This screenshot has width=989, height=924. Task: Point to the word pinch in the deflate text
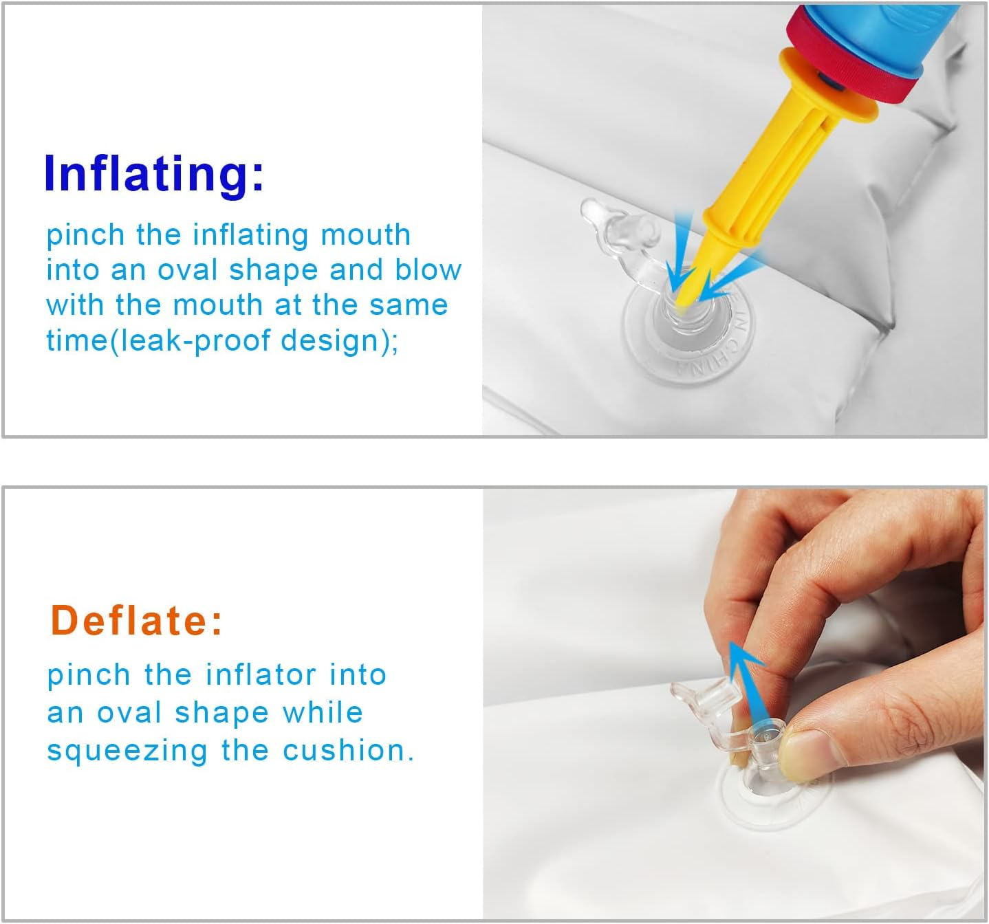coord(89,676)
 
